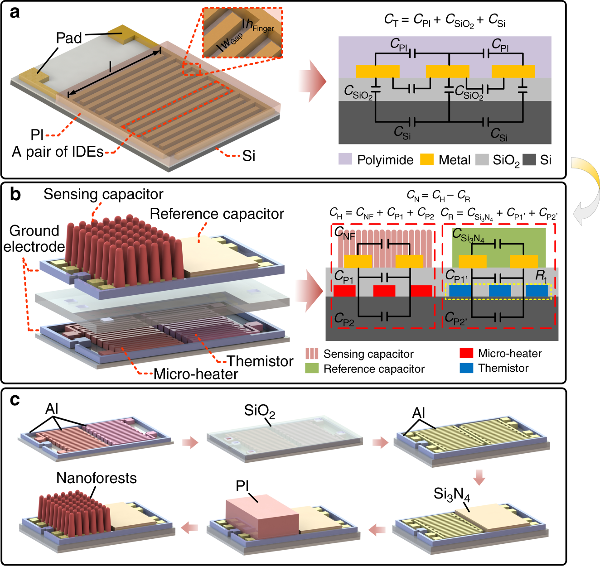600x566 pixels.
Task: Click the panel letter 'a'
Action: pyautogui.click(x=15, y=13)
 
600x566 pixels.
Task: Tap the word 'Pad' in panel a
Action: pyautogui.click(x=69, y=38)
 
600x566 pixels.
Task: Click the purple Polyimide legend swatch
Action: pyautogui.click(x=345, y=159)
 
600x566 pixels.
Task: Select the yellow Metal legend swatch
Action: pyautogui.click(x=427, y=159)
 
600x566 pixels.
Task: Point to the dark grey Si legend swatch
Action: pyautogui.click(x=529, y=159)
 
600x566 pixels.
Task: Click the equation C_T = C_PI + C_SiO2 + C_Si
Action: pyautogui.click(x=445, y=20)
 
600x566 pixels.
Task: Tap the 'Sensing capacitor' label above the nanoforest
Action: pyautogui.click(x=103, y=194)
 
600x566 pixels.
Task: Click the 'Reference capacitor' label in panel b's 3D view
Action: pyautogui.click(x=217, y=214)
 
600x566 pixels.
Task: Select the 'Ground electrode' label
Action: pyautogui.click(x=34, y=239)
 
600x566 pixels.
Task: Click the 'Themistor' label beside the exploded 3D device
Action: pyautogui.click(x=260, y=361)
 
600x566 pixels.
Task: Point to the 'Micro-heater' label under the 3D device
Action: pyautogui.click(x=196, y=374)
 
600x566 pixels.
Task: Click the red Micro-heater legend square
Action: pyautogui.click(x=466, y=353)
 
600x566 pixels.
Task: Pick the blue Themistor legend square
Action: pyautogui.click(x=466, y=368)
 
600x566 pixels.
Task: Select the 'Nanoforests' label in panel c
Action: pyautogui.click(x=96, y=478)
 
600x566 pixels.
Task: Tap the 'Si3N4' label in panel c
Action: pyautogui.click(x=452, y=494)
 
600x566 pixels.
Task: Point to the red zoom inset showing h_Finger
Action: pyautogui.click(x=242, y=32)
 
